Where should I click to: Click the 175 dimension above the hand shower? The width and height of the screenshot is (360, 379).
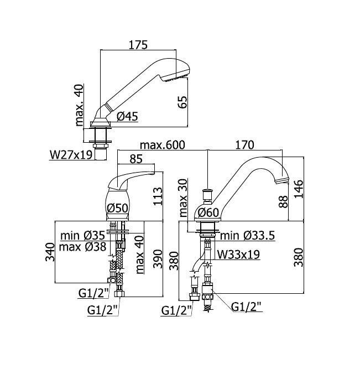[x=138, y=45]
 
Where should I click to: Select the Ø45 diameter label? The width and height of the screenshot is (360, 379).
[x=127, y=116]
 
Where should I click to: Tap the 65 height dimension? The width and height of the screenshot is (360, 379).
[x=182, y=102]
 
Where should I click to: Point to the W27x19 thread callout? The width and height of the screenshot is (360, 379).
[x=71, y=155]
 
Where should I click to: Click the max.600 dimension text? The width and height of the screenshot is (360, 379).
[x=163, y=145]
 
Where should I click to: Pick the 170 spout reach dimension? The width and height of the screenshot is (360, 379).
[x=244, y=145]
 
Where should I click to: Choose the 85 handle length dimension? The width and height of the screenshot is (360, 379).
[x=136, y=159]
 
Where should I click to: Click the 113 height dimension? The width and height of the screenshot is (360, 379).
[x=158, y=196]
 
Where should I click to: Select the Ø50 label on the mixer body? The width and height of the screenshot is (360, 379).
[x=117, y=208]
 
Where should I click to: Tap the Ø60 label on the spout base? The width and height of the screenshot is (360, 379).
[x=208, y=212]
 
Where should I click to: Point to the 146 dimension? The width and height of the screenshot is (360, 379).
[x=299, y=189]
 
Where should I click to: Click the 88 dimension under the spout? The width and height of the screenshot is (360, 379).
[x=283, y=201]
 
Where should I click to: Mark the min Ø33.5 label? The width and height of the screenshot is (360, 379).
[x=248, y=236]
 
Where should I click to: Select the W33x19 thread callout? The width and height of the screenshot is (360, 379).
[x=238, y=255]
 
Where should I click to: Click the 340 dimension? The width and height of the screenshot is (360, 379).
[x=50, y=252]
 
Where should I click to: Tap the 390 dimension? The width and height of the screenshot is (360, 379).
[x=158, y=258]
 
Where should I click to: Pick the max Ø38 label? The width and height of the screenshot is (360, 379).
[x=82, y=247]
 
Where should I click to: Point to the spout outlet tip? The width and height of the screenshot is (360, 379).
[x=282, y=180]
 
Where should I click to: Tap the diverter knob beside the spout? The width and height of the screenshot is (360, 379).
[x=207, y=195]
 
